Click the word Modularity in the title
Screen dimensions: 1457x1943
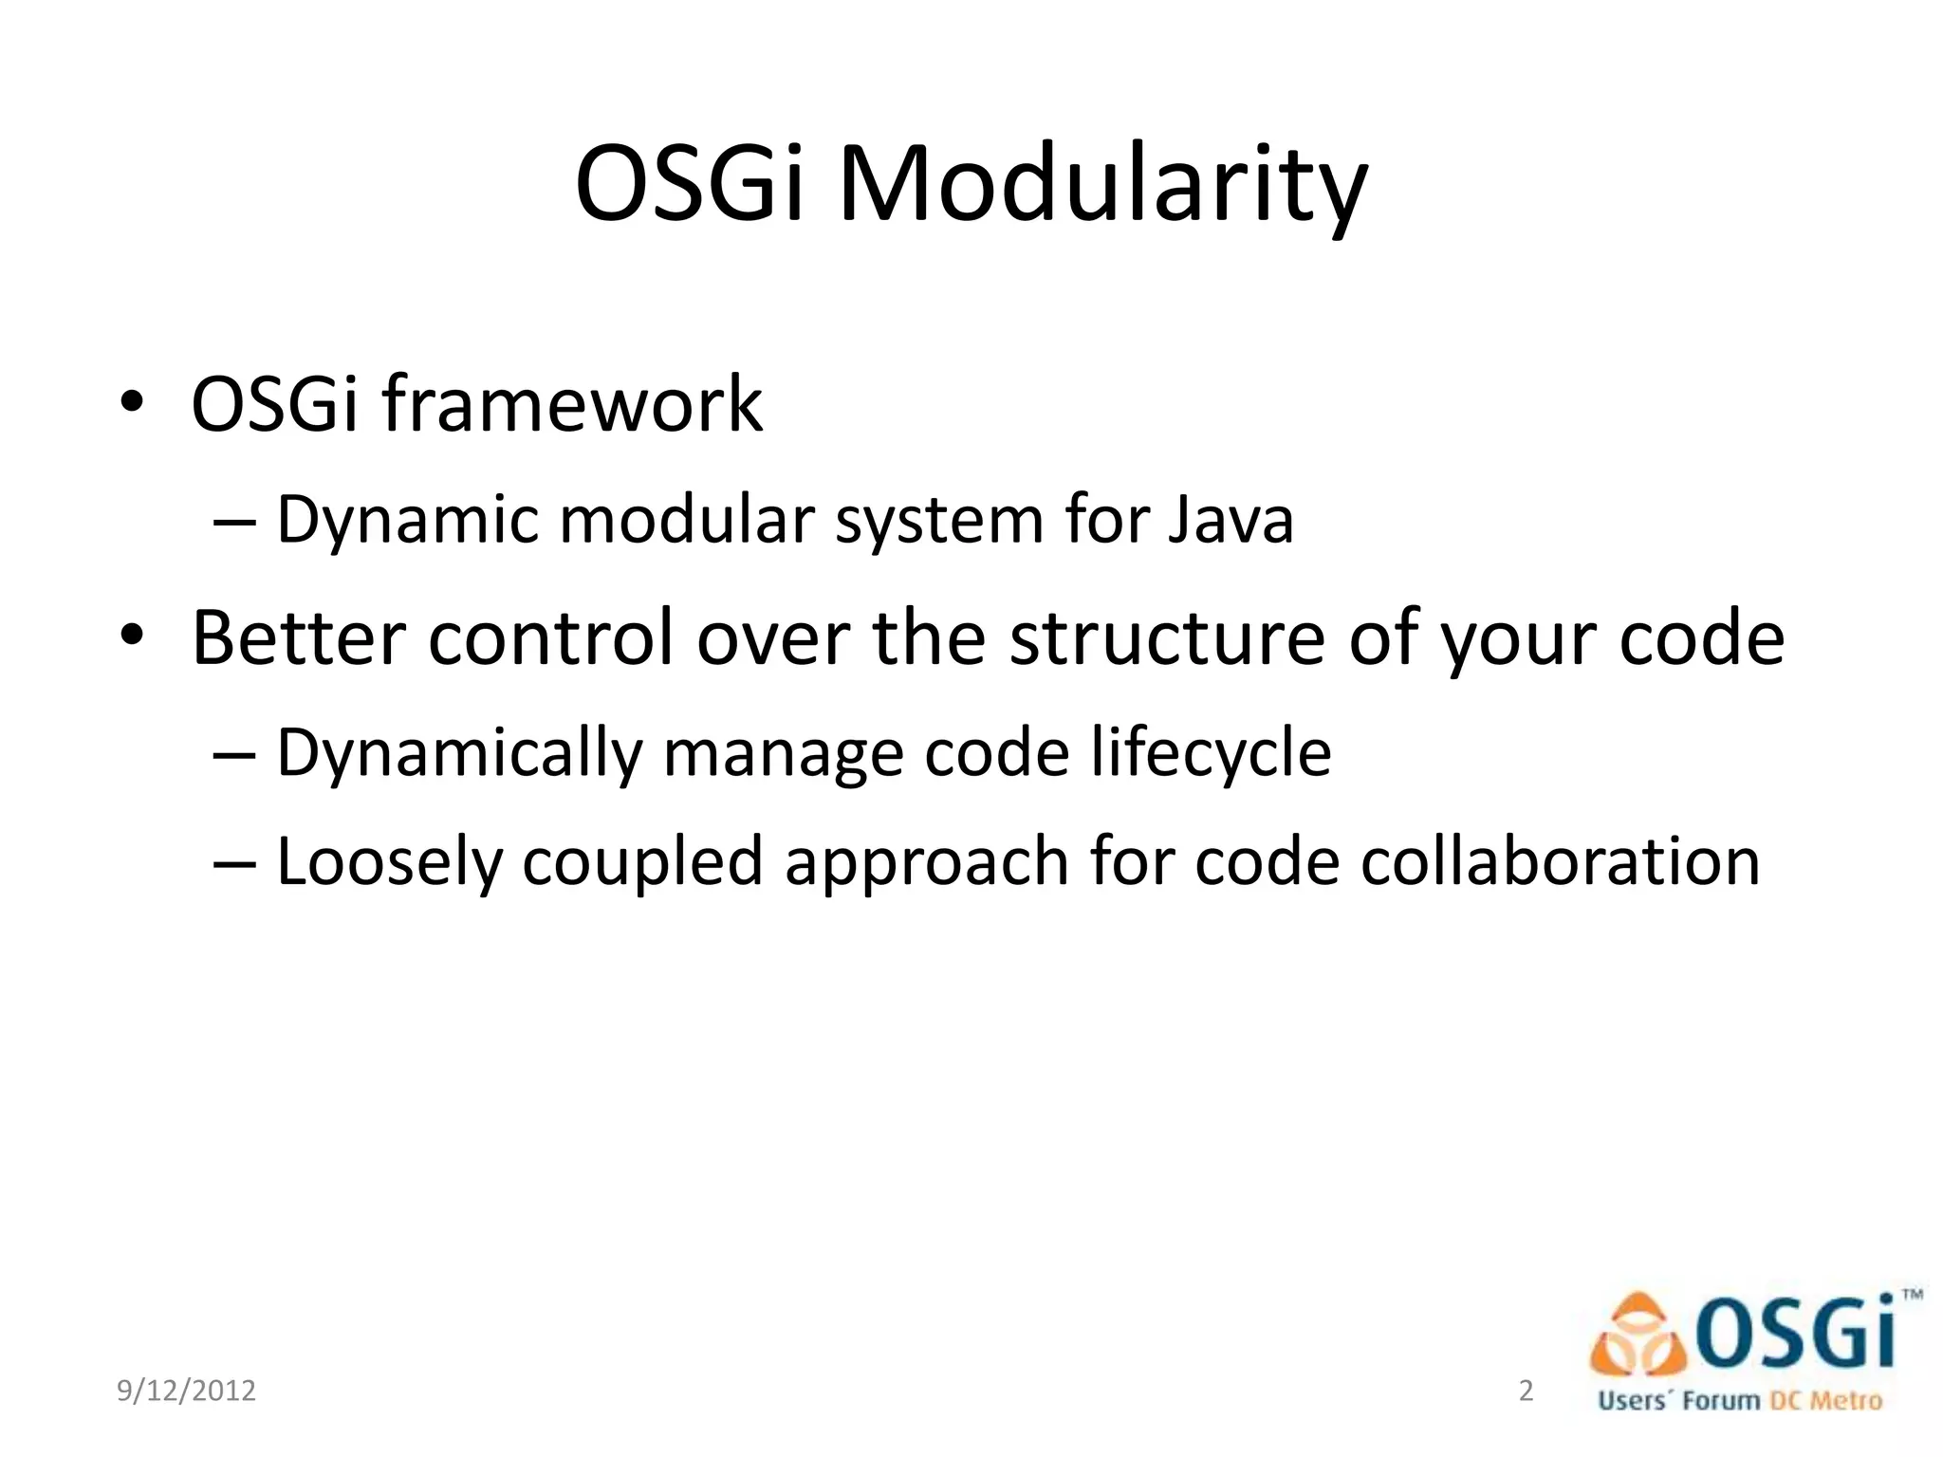[1102, 185]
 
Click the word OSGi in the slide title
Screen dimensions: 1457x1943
[691, 185]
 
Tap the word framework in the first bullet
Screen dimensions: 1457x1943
[572, 405]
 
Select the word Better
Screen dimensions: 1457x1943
[299, 637]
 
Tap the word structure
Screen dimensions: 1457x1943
[1166, 637]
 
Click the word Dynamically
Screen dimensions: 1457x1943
[459, 753]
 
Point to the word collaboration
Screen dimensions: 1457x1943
[1560, 862]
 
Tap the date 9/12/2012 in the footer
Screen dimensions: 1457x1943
[186, 1391]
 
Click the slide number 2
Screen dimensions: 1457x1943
[1526, 1391]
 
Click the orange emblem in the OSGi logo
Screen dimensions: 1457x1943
[1638, 1337]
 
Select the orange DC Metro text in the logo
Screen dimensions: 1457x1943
[1825, 1401]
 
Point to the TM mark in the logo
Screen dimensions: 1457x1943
[1912, 1295]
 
